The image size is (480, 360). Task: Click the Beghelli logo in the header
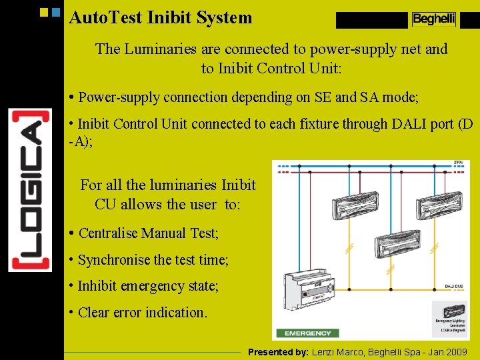point(433,19)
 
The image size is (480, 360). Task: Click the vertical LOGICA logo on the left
point(30,190)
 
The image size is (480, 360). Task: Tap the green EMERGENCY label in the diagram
point(307,333)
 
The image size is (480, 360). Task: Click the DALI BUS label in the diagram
point(455,286)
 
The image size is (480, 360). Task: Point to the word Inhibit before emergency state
point(99,286)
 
